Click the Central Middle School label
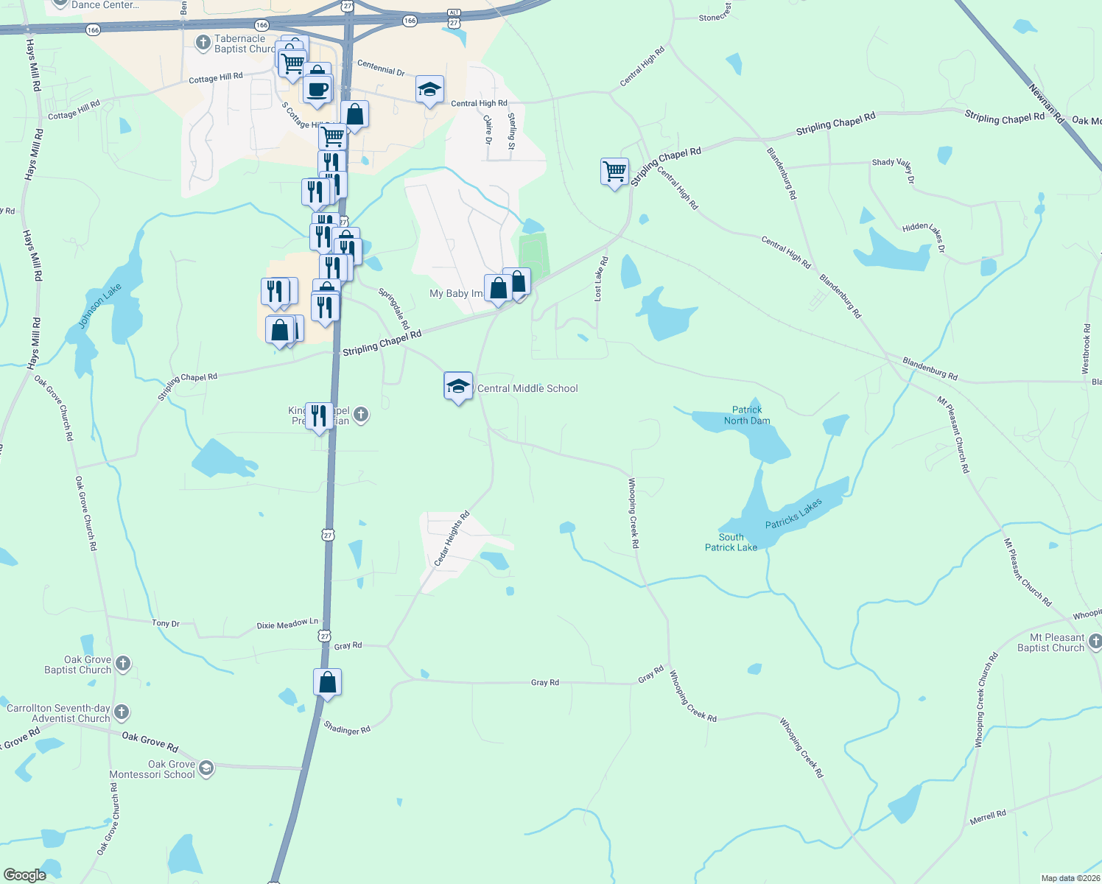(527, 389)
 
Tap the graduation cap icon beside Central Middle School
(457, 386)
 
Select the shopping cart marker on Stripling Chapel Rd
(614, 172)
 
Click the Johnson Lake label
(99, 306)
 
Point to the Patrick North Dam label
(747, 415)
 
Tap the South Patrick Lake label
(731, 542)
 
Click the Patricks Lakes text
(793, 513)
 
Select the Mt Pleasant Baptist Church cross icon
(1095, 642)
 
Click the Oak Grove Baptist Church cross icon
(123, 664)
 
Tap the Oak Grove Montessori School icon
(206, 768)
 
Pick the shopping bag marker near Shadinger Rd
(327, 683)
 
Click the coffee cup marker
(317, 90)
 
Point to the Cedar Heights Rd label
(452, 539)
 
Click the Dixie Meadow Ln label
(287, 625)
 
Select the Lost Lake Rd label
(601, 278)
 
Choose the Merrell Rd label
(988, 817)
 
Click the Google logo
(25, 875)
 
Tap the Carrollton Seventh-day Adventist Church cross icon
(122, 712)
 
